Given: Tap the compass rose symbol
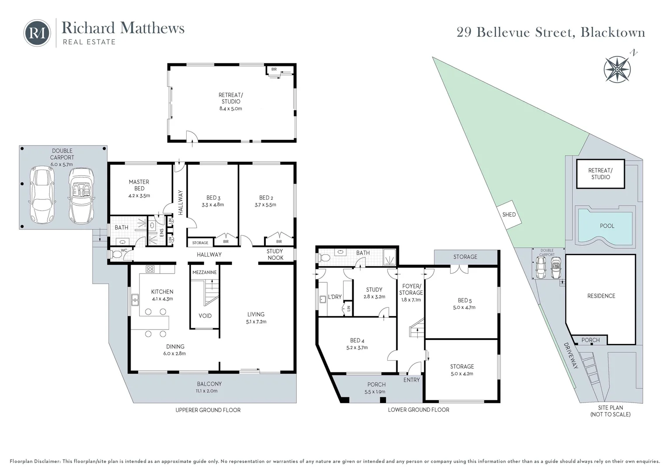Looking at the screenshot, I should click(x=617, y=69).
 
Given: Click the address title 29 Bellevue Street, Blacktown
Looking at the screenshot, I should click(x=551, y=32).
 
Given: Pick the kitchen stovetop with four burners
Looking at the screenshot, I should click(x=150, y=269).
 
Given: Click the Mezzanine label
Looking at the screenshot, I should click(x=205, y=272).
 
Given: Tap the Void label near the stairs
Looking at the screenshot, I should click(x=205, y=316).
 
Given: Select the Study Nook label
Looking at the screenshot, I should click(x=275, y=254).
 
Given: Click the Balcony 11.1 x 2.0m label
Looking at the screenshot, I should click(x=209, y=387).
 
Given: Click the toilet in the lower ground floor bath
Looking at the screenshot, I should click(x=323, y=258).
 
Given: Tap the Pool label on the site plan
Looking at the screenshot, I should click(x=607, y=226).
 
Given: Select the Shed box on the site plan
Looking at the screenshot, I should click(x=509, y=215).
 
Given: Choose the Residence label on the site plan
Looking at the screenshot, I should click(x=601, y=296).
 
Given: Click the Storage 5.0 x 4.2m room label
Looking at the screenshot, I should click(x=462, y=370).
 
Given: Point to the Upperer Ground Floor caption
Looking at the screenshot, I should click(x=208, y=410).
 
